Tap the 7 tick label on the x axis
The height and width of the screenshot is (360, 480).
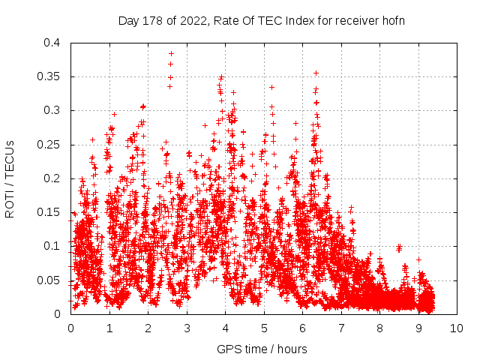341,328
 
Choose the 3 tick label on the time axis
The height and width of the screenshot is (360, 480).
187,328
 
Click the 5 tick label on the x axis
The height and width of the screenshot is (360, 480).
264,328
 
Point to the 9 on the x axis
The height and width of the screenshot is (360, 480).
418,328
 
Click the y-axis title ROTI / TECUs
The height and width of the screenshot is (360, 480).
10,178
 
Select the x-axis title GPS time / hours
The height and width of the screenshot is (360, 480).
262,349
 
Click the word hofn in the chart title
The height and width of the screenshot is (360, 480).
392,20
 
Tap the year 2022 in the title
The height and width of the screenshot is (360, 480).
187,20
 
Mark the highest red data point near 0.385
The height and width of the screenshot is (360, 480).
171,53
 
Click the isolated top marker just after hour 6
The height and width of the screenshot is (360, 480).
316,73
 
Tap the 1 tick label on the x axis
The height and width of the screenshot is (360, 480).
109,328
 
